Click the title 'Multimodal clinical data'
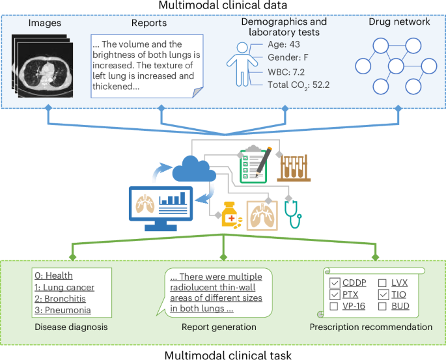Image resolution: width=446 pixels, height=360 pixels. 223,8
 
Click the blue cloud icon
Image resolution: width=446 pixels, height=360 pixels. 194,171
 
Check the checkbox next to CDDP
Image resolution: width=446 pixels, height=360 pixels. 335,283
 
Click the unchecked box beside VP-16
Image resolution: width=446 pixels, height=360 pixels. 335,306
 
